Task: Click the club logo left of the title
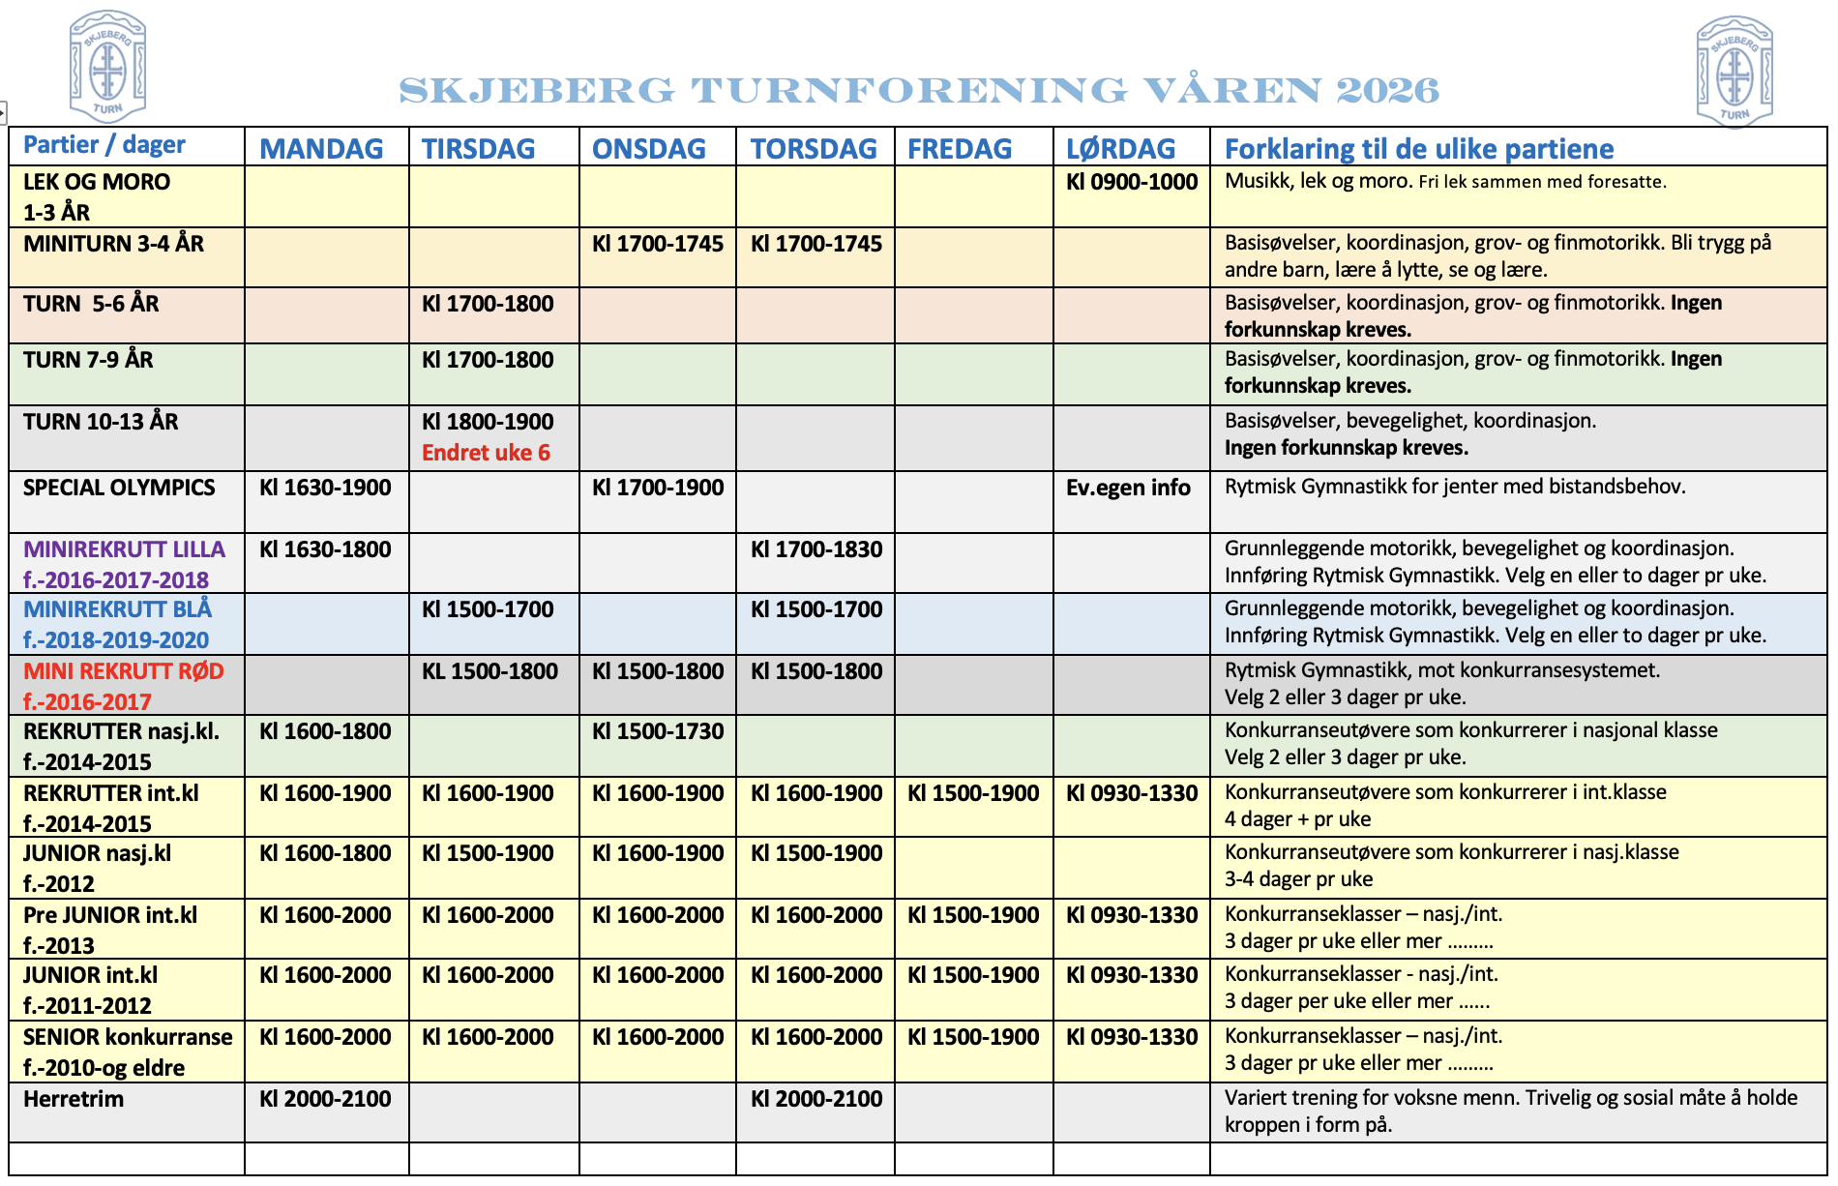click(107, 66)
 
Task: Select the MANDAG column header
click(321, 149)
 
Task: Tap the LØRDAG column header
click(1120, 149)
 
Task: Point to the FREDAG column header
click(960, 149)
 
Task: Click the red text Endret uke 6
click(486, 453)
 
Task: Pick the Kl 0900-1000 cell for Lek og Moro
click(1132, 182)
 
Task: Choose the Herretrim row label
click(74, 1099)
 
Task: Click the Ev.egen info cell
click(1128, 488)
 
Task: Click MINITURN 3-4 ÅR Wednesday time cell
click(658, 244)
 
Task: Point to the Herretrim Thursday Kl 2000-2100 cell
click(816, 1099)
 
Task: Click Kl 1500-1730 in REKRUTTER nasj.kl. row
click(658, 731)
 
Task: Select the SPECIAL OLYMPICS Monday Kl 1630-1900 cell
click(325, 488)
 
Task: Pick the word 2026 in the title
click(1387, 91)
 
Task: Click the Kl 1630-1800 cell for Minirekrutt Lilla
click(325, 549)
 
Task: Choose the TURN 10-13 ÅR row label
click(101, 422)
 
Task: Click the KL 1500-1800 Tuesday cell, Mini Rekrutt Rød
click(489, 671)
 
